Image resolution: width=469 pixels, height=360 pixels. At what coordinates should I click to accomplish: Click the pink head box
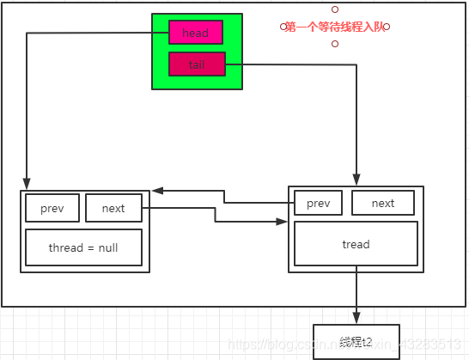click(x=196, y=33)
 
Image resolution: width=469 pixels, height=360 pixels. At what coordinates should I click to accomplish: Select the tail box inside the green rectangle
click(x=197, y=64)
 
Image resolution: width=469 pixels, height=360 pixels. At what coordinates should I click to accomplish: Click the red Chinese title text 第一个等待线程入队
click(x=334, y=27)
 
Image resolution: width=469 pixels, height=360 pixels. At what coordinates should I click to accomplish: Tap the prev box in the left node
click(x=52, y=208)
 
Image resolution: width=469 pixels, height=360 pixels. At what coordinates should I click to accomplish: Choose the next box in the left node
click(x=113, y=208)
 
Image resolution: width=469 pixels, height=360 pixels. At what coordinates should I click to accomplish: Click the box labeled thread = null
click(x=83, y=248)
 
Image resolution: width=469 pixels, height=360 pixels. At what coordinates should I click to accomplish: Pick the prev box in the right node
click(x=318, y=203)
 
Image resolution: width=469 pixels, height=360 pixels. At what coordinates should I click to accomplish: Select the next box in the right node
click(x=382, y=203)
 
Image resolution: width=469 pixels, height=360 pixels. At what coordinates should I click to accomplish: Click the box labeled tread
click(x=356, y=244)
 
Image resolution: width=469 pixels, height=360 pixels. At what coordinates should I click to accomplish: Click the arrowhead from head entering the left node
click(x=27, y=183)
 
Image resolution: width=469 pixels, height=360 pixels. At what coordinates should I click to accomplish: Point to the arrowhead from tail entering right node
click(x=356, y=178)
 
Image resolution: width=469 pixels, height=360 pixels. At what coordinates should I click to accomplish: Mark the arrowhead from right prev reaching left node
click(x=157, y=190)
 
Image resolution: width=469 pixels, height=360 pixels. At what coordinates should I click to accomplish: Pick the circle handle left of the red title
click(x=281, y=27)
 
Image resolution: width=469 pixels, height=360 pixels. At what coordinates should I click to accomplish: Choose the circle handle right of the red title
click(x=387, y=27)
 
